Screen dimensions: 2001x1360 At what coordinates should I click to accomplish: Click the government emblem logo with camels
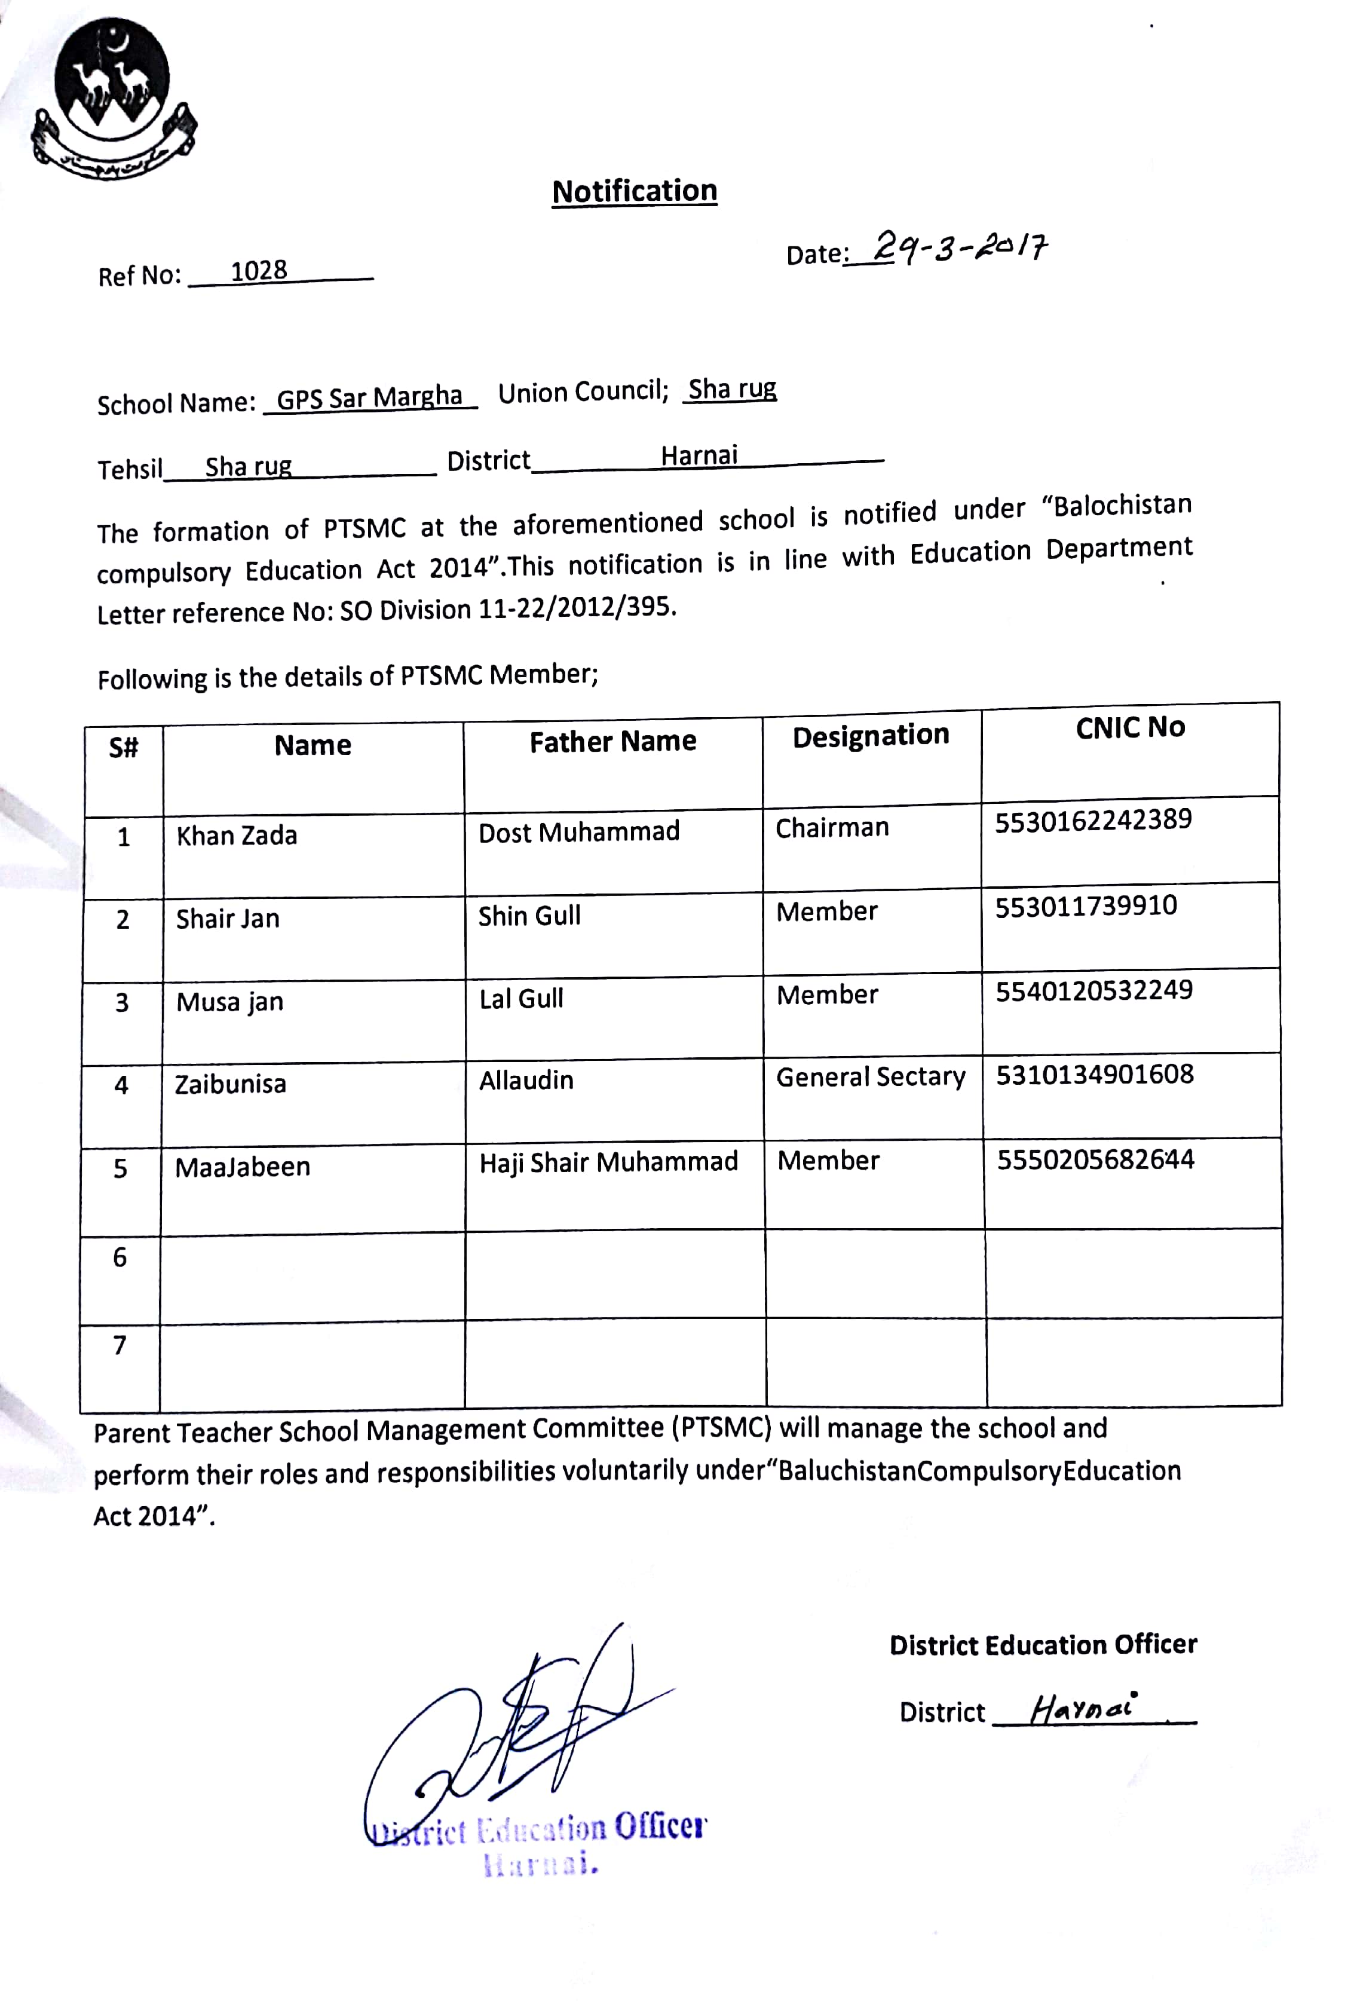[x=112, y=99]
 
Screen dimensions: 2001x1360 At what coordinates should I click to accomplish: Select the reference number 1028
[x=258, y=271]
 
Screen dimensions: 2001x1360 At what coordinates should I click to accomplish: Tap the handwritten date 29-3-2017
[x=960, y=247]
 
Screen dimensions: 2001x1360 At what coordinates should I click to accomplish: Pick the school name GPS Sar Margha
[x=369, y=398]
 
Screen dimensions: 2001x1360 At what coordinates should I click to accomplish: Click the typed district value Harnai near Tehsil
[x=699, y=455]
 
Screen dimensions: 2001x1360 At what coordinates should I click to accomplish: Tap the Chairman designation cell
[x=832, y=828]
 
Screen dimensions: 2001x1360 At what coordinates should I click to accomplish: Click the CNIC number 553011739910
[x=1085, y=907]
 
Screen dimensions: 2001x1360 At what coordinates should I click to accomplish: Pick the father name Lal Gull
[x=521, y=999]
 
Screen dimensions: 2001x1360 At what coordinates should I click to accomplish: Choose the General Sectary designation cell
[x=870, y=1077]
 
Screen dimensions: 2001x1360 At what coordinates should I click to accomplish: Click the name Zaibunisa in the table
[x=230, y=1084]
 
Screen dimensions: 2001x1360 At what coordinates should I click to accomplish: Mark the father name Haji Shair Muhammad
[x=608, y=1162]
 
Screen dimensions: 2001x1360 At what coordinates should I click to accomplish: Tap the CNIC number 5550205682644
[x=1095, y=1160]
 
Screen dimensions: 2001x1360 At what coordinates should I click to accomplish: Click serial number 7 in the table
[x=120, y=1345]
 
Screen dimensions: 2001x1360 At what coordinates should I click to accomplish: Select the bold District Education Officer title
[x=1042, y=1645]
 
